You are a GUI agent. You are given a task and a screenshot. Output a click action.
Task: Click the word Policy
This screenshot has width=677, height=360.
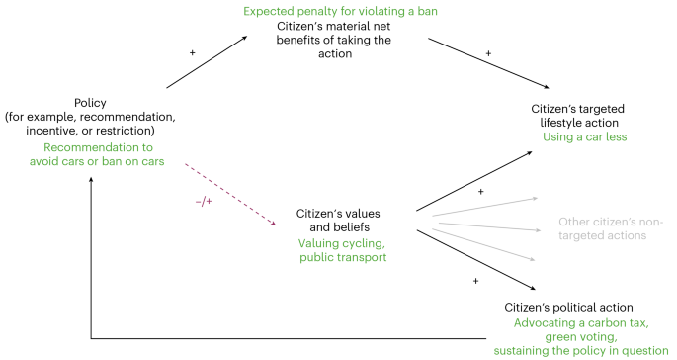pyautogui.click(x=91, y=102)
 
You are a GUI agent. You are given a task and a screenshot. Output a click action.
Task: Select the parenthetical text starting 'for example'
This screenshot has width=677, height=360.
pyautogui.click(x=91, y=124)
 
